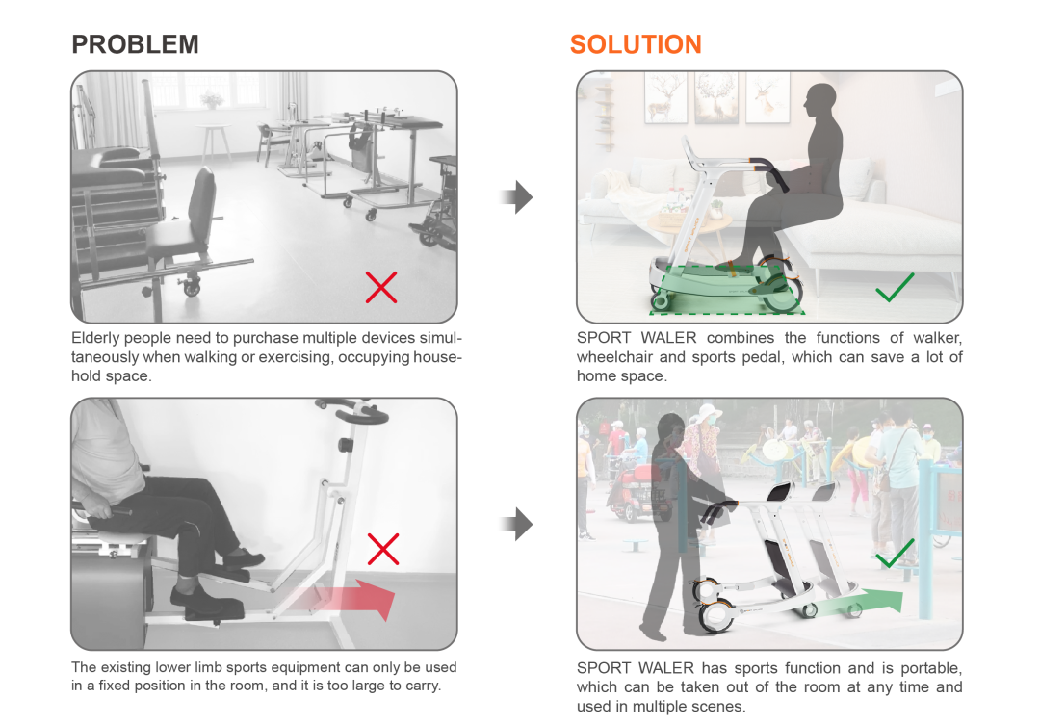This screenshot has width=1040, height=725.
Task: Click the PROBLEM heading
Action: (x=136, y=44)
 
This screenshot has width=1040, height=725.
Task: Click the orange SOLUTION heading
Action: (x=636, y=44)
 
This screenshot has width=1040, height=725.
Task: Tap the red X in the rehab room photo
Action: (x=381, y=287)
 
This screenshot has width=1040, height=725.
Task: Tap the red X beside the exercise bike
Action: (x=383, y=549)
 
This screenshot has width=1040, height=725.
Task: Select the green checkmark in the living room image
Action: (x=895, y=287)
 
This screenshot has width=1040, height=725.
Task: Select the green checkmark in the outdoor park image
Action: (x=896, y=554)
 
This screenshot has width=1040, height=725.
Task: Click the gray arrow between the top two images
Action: (x=517, y=197)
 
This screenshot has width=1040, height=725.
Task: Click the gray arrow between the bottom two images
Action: (x=517, y=525)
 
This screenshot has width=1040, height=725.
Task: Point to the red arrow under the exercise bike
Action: (x=345, y=598)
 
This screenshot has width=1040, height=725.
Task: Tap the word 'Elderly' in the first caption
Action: (x=95, y=338)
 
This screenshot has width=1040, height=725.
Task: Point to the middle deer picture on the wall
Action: (x=715, y=98)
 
